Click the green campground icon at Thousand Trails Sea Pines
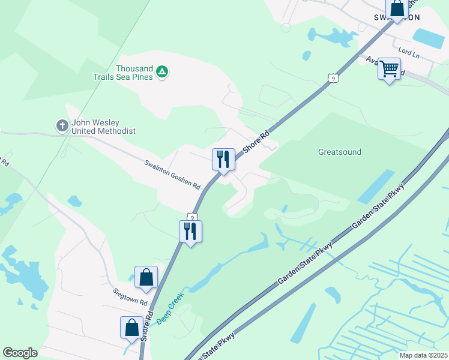tap(161, 72)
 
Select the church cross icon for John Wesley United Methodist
tap(62, 126)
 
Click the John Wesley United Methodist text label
tap(103, 127)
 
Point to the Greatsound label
tap(340, 152)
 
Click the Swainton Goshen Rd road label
tap(172, 175)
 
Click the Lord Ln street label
tap(409, 53)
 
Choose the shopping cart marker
tap(389, 70)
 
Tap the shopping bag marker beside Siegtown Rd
tap(146, 278)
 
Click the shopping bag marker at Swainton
tap(397, 10)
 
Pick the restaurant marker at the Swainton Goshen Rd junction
tap(223, 160)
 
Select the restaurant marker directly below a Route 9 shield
tap(190, 231)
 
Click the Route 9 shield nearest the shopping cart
tap(332, 77)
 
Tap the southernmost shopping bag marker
tap(131, 328)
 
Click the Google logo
tap(20, 353)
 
